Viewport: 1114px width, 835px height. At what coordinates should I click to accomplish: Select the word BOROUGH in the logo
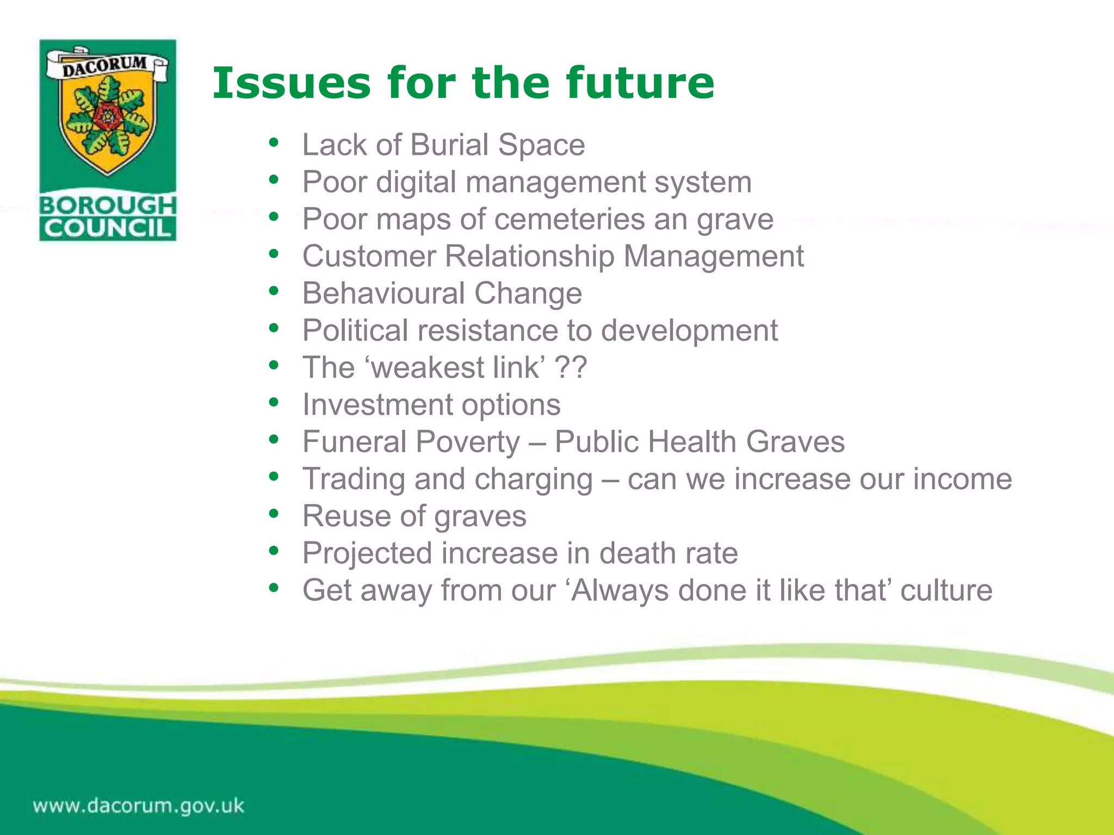click(x=108, y=205)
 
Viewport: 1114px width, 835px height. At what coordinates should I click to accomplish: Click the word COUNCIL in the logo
click(x=108, y=228)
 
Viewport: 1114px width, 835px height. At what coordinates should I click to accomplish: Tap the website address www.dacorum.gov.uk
click(x=139, y=805)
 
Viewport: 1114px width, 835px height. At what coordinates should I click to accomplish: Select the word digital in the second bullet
click(x=416, y=182)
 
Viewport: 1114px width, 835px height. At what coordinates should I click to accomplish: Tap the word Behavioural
click(x=383, y=294)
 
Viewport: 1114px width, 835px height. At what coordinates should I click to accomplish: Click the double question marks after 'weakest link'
click(x=571, y=367)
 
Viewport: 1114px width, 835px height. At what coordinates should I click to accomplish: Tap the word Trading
click(x=354, y=479)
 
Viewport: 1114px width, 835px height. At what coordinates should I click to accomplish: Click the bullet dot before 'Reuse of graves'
click(x=274, y=514)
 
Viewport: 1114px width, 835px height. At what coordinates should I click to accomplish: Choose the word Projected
click(x=367, y=553)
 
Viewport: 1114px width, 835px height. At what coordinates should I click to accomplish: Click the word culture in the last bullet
click(x=946, y=590)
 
